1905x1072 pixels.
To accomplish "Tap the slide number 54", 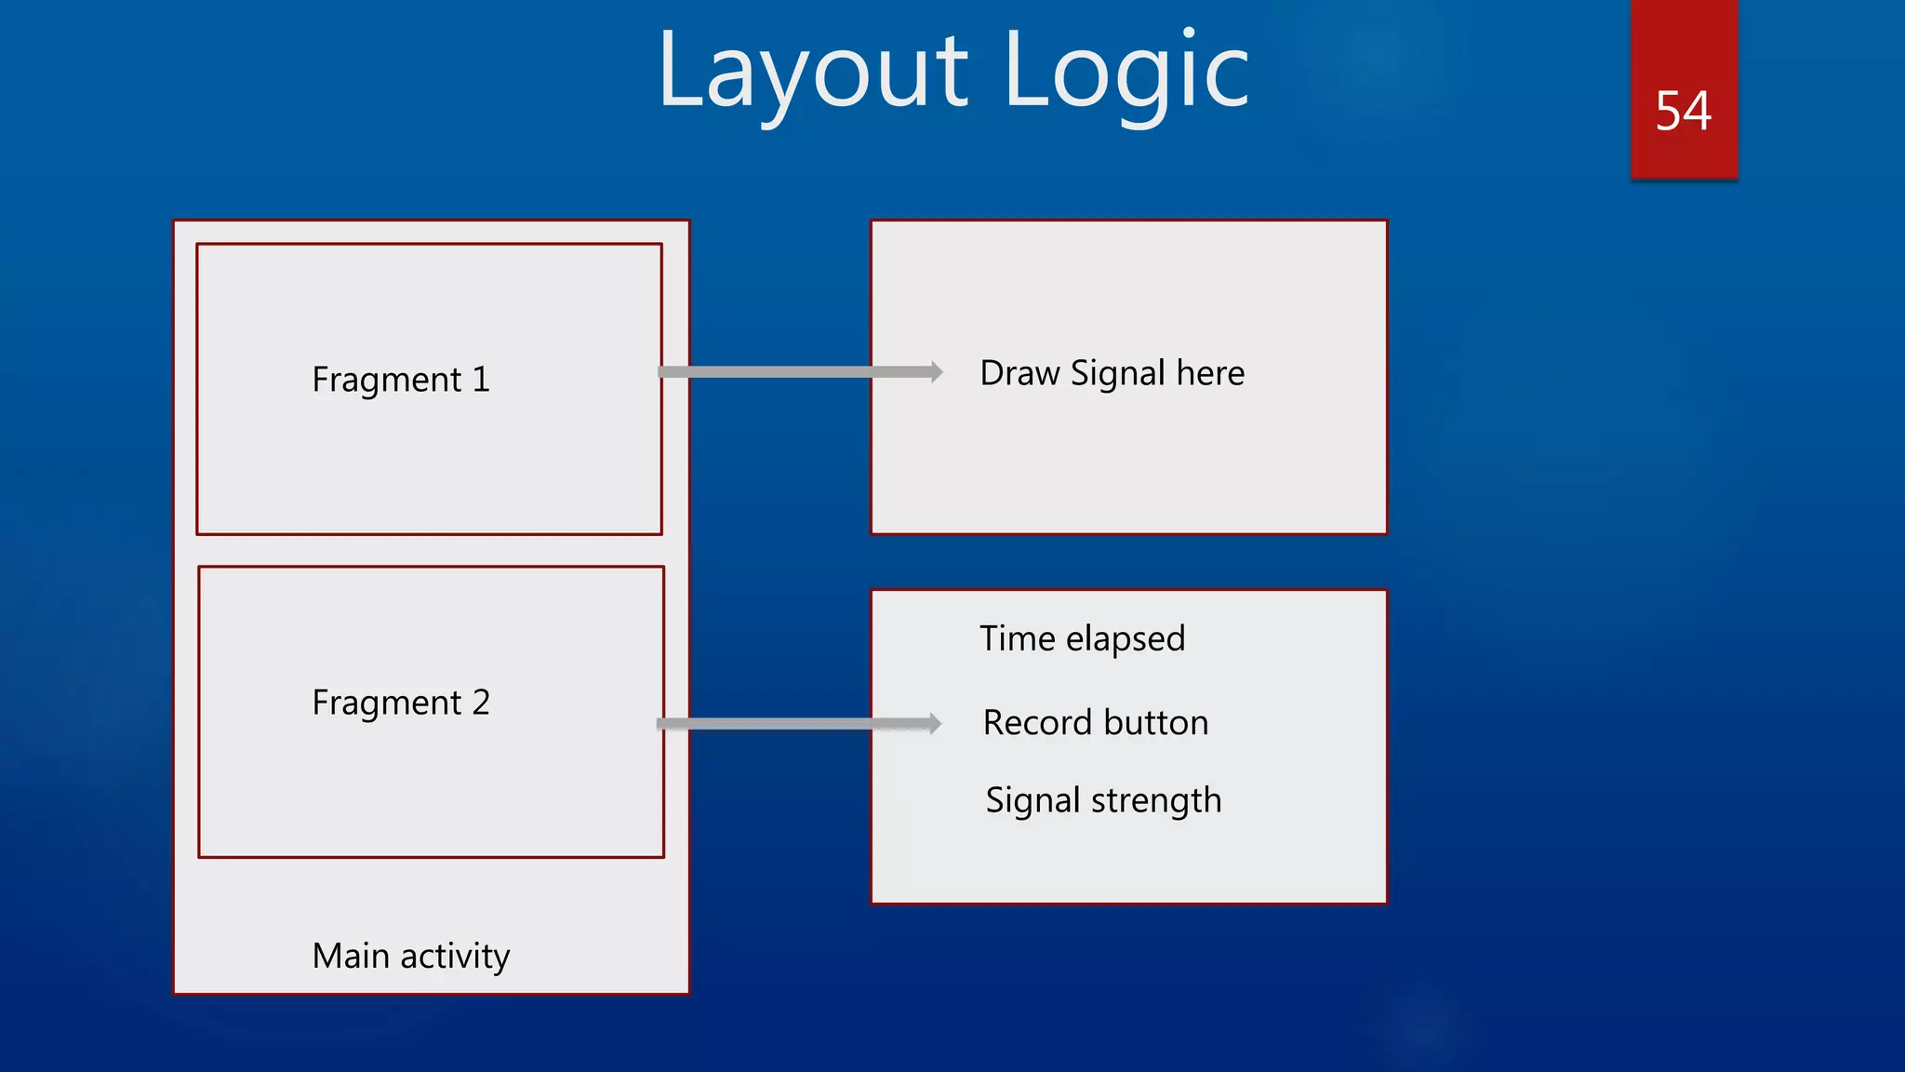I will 1683,111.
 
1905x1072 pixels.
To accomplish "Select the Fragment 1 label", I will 400,380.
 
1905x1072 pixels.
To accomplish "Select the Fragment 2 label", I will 400,703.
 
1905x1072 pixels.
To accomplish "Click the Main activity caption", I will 410,956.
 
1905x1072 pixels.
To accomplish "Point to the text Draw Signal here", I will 1112,373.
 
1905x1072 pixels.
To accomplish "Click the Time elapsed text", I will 1082,639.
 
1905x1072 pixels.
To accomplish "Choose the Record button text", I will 1095,723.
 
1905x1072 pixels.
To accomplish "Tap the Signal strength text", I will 1102,800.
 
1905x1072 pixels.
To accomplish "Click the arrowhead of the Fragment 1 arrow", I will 935,372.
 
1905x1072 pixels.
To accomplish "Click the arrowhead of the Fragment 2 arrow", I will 933,724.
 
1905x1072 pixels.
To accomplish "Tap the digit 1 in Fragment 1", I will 481,380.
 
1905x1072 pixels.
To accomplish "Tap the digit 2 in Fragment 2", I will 481,703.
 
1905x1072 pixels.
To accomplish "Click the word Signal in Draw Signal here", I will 1117,373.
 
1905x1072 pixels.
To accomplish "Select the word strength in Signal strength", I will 1156,800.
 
